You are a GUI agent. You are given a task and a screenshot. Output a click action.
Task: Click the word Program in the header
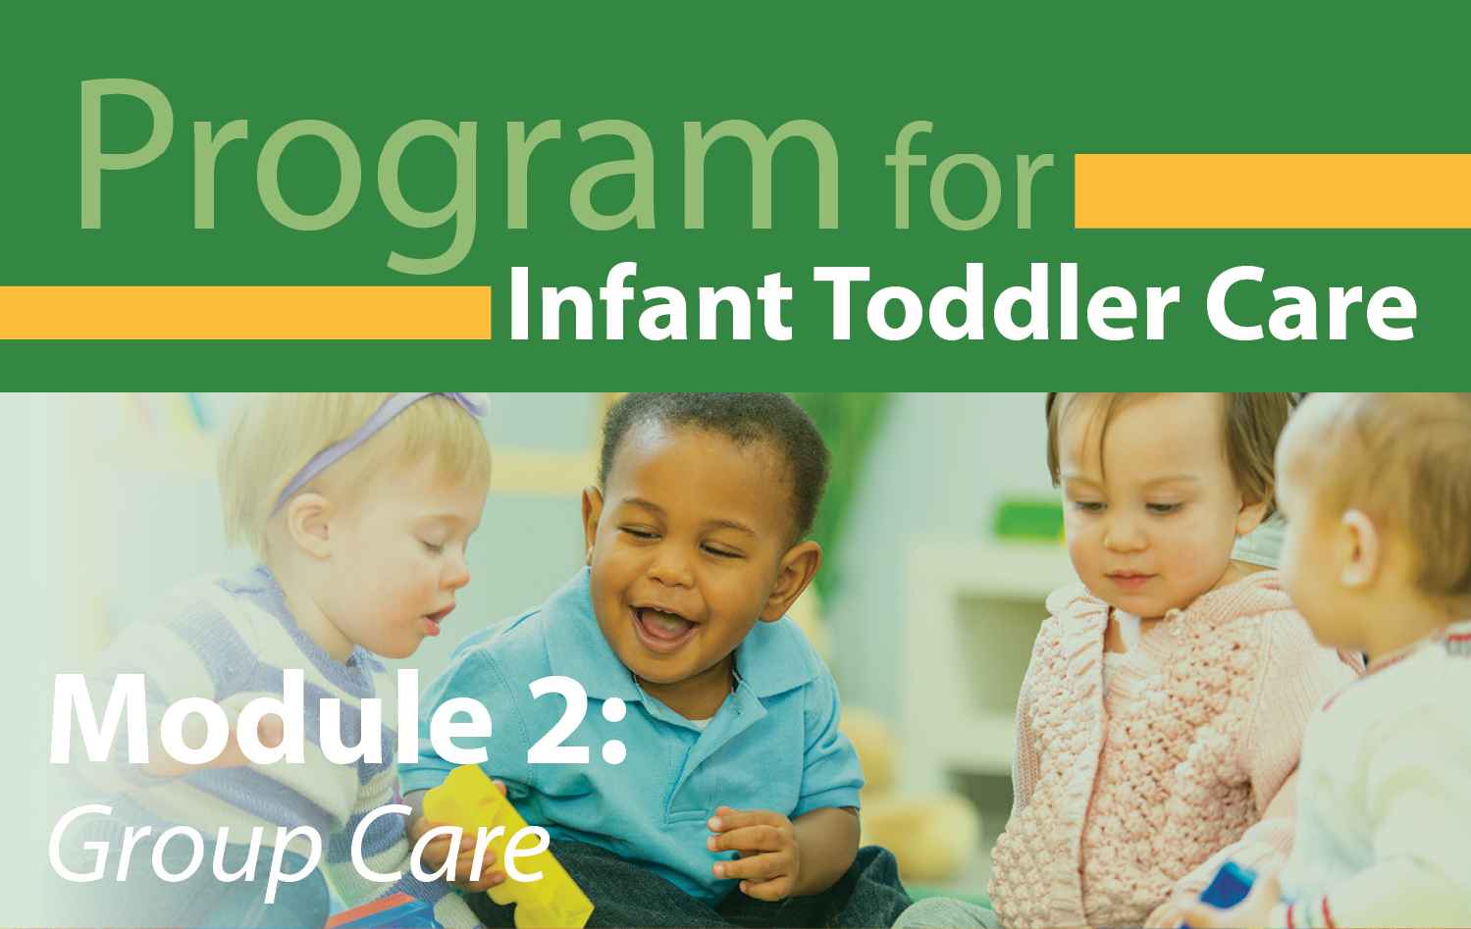point(458,174)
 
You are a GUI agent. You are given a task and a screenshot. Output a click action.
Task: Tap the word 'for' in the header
point(969,175)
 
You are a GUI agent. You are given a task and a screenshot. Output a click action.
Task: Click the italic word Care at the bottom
point(448,845)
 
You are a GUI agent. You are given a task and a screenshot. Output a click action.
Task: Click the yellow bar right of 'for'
point(1273,191)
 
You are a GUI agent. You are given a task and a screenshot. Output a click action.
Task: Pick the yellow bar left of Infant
point(245,313)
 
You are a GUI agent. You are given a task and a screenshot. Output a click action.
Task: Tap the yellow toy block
point(505,847)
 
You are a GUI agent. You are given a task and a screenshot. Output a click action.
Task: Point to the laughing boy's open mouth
point(664,625)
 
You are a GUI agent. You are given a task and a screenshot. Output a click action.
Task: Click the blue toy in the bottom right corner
point(1228,897)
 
